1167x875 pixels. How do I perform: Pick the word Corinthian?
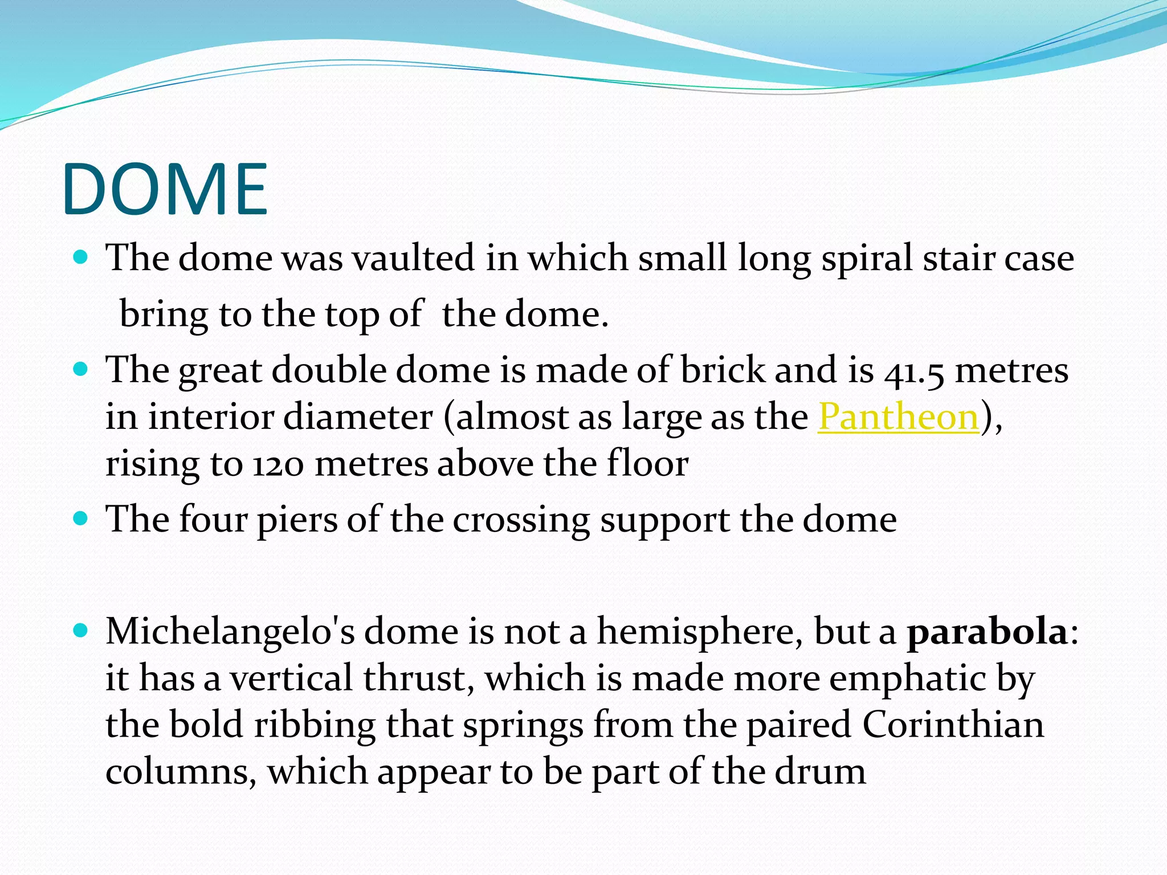coord(953,725)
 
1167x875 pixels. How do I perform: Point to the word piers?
coord(297,520)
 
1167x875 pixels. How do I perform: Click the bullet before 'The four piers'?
coord(81,519)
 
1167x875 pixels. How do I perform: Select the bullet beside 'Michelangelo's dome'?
coord(81,631)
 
